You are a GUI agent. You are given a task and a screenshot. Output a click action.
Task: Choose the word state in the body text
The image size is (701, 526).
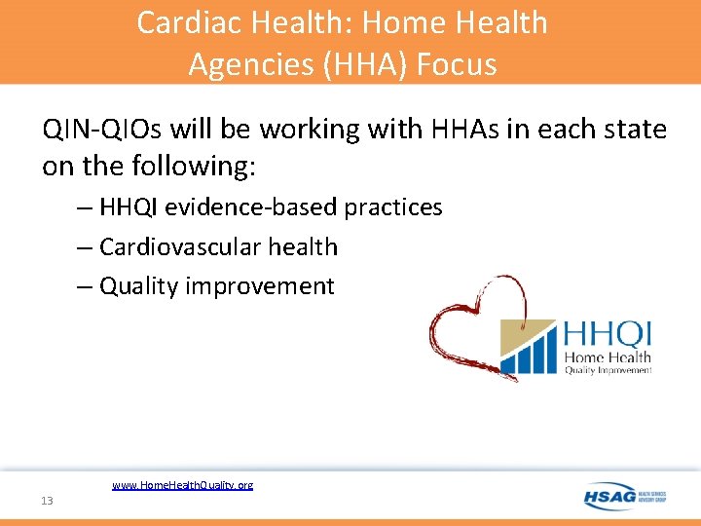click(632, 129)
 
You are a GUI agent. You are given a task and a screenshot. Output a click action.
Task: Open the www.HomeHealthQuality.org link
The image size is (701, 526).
click(182, 484)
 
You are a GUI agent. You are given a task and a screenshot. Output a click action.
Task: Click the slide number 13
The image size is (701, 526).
click(47, 500)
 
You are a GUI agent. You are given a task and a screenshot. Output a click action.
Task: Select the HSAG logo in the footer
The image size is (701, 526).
click(623, 497)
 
